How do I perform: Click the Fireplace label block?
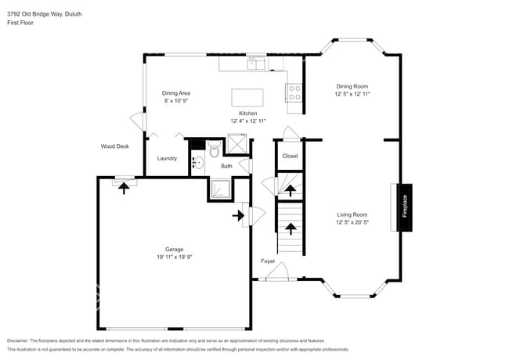tap(405, 207)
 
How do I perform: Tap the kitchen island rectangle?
tap(247, 97)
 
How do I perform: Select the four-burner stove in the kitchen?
tap(295, 93)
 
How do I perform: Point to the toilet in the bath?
tap(215, 150)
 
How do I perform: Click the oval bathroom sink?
tap(198, 164)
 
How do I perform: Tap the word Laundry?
tap(167, 158)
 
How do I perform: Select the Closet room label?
tap(290, 156)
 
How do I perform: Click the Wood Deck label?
tap(114, 146)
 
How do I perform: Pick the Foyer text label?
tap(268, 261)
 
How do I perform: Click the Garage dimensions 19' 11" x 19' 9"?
tap(174, 257)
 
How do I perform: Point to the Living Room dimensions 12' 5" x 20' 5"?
tap(352, 222)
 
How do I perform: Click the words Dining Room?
tap(352, 86)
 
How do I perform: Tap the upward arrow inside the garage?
tap(124, 188)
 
